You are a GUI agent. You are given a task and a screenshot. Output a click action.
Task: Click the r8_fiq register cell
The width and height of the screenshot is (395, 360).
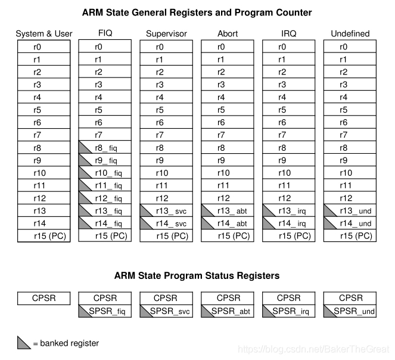[105, 148]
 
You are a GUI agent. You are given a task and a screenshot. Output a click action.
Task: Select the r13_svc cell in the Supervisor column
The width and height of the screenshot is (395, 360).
[166, 210]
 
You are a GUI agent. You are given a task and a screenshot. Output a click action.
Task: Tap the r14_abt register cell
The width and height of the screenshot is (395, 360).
[228, 223]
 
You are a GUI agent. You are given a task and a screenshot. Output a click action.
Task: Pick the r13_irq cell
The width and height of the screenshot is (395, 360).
[288, 210]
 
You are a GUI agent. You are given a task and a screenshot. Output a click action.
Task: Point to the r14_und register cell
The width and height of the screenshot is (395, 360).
[350, 223]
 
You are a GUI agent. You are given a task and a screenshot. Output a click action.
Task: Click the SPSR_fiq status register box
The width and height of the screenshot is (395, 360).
[105, 311]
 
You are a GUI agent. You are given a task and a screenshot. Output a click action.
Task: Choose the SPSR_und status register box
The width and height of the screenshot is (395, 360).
[350, 311]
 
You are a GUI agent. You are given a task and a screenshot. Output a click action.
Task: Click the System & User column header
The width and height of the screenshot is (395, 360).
[43, 34]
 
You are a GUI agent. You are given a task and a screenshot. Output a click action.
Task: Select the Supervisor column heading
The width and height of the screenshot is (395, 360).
[166, 34]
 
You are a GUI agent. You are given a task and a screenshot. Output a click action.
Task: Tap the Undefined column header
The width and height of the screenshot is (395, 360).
[350, 34]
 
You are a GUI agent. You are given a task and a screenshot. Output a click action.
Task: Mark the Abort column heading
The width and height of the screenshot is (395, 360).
[227, 34]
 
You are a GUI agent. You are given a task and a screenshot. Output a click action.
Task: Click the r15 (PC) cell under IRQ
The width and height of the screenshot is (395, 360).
[288, 235]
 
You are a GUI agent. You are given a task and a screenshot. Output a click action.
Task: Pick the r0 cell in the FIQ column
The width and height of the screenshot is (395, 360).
[105, 47]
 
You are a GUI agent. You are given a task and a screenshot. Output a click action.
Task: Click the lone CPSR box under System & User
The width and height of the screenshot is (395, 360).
[43, 298]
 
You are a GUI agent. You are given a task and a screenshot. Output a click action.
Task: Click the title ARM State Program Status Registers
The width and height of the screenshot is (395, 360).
[197, 276]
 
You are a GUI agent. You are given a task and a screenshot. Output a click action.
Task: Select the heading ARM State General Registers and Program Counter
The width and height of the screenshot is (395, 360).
[197, 13]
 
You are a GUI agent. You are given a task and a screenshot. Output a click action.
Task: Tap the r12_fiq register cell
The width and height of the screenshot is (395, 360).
[105, 198]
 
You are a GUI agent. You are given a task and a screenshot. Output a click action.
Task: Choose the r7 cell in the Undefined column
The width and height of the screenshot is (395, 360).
[350, 135]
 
